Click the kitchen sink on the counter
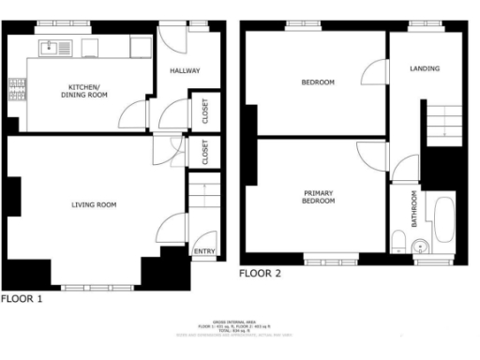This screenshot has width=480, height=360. coord(50,46)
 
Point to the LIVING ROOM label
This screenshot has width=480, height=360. coord(94,203)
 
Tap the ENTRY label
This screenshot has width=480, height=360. coord(202,251)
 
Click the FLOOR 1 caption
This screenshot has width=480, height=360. coord(22,300)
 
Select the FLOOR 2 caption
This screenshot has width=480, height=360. coord(261,274)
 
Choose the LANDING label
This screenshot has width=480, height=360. coord(425,68)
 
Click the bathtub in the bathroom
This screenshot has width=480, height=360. coord(442,218)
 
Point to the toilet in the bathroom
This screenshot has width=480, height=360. coord(399,245)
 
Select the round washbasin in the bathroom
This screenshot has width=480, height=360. coord(421,247)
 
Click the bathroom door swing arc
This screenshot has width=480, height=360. coord(403,170)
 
